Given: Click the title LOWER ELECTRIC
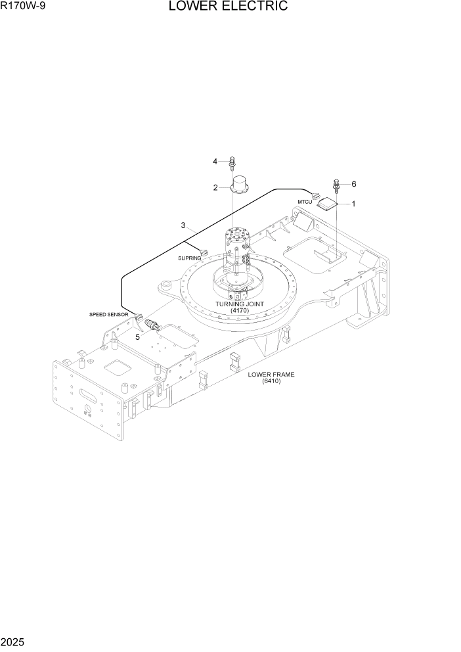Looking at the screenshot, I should [x=228, y=7].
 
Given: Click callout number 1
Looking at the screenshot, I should [x=353, y=204].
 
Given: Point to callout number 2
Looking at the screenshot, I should [x=215, y=188].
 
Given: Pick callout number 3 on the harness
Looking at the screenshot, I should [x=183, y=225].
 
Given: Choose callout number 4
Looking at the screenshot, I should [x=215, y=161].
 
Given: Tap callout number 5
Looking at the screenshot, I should [x=138, y=337].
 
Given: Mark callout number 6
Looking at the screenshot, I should [x=353, y=184].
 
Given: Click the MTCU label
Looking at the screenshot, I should [x=304, y=201].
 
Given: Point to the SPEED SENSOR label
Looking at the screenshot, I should [x=108, y=315].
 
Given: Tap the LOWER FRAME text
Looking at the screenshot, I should [x=271, y=375].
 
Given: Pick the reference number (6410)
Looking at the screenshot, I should [x=271, y=381].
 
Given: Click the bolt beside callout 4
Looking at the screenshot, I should [x=232, y=162].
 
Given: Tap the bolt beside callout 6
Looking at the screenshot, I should [x=337, y=185].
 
